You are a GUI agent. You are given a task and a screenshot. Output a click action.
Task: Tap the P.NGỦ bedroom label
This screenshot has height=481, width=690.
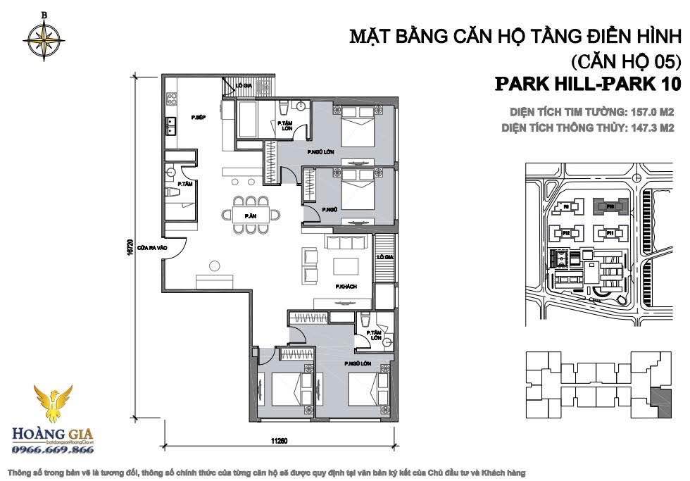(x=328, y=210)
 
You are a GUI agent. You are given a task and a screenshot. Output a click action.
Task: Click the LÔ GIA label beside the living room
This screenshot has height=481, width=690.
(x=384, y=258)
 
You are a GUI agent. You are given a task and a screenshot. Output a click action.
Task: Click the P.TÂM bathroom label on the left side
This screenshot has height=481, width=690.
(x=185, y=184)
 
